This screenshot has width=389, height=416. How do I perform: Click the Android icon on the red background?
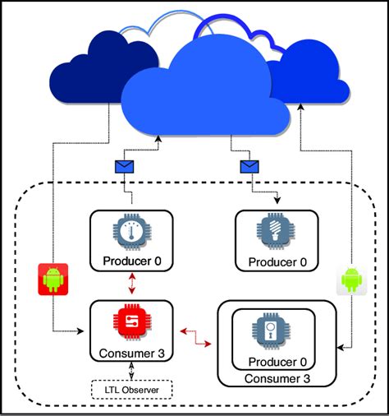pos(53,280)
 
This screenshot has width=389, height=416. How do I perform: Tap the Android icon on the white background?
pos(351,280)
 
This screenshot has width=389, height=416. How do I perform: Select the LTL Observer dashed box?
pos(131,390)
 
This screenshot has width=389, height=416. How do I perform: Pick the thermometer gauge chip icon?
pos(132,232)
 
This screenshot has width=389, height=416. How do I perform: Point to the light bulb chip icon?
pos(276,232)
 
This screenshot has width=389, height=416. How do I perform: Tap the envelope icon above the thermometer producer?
pos(125,167)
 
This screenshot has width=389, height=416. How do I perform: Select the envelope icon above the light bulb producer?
pos(249,167)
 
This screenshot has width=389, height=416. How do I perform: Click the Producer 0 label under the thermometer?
pos(132,261)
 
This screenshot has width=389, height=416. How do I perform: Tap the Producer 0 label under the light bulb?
pos(277,262)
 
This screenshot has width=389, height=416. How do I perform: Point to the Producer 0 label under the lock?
pos(277,362)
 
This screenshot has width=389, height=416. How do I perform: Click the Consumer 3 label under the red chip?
pos(132,354)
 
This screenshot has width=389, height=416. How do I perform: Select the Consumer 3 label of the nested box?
pos(277,379)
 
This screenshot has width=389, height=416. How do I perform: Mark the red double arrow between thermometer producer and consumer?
pos(132,284)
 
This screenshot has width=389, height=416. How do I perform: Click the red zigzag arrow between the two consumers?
pos(196,337)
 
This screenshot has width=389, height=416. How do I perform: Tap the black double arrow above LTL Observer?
pos(131,371)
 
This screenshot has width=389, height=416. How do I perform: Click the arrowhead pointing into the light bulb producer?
pos(277,201)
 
